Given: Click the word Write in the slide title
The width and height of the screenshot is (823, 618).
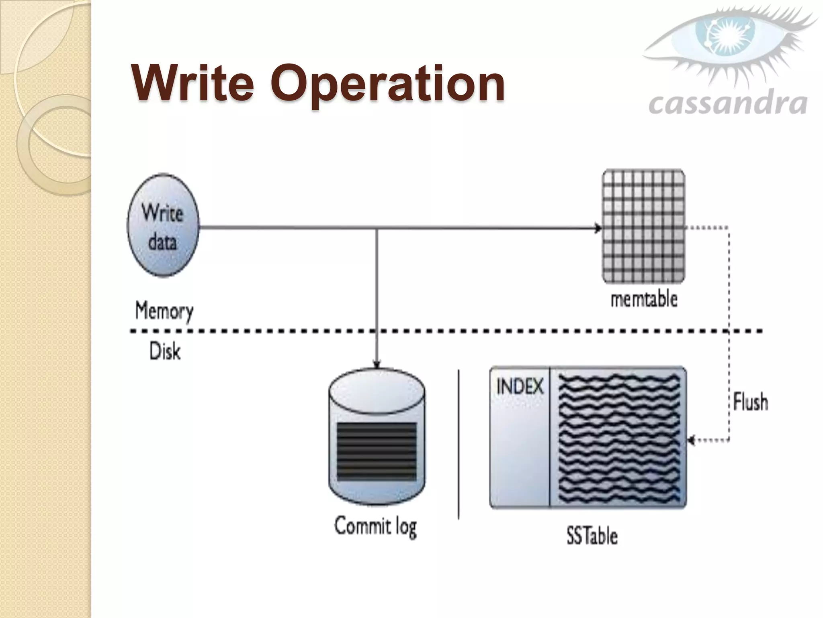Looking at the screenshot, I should coord(193,83).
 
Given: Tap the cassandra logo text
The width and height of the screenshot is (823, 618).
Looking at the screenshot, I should coord(728,104).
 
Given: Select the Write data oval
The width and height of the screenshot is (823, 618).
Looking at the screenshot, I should coord(163,226).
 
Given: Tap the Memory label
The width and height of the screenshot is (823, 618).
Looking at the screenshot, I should coord(164,311).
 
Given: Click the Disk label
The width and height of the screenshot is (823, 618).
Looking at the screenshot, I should coord(165,351).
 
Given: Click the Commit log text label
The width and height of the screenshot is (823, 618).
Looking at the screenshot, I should coord(376,527).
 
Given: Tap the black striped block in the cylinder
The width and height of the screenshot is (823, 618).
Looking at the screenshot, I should coord(377,451).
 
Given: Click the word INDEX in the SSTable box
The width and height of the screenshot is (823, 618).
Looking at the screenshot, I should coord(520,387).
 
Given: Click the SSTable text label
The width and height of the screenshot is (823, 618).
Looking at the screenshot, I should coord(592,536).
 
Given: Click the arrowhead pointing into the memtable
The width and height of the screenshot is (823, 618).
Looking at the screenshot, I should coord(598,229).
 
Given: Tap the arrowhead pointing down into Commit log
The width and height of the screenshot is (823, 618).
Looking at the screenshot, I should coord(377,364).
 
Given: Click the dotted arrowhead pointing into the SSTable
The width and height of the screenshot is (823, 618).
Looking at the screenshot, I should coord(691,440).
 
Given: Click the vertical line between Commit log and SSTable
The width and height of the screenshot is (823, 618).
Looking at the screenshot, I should coord(459,444).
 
